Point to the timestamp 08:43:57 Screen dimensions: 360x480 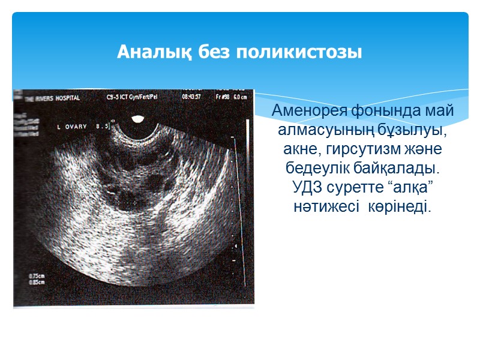coord(190,96)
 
